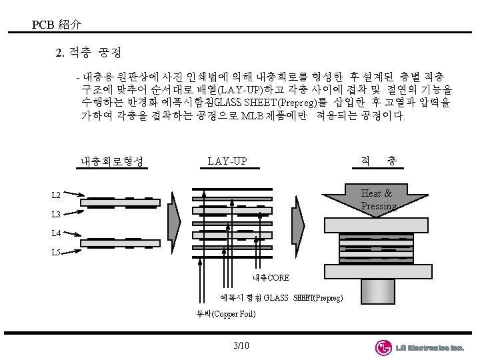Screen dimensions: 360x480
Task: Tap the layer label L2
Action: coord(57,195)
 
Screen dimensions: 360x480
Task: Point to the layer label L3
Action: coord(57,215)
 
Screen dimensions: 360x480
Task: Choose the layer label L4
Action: coord(57,233)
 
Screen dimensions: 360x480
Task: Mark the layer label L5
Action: coord(57,253)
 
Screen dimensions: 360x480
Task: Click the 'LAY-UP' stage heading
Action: coord(227,161)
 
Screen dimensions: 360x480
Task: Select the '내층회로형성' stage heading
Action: coord(113,161)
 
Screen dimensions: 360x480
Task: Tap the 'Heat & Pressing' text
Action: coord(377,199)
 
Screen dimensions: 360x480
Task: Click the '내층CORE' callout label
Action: coord(270,277)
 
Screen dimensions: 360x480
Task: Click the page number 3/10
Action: coord(241,345)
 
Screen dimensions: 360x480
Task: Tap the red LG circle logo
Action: coord(383,347)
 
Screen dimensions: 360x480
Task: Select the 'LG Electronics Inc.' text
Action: coord(429,348)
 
